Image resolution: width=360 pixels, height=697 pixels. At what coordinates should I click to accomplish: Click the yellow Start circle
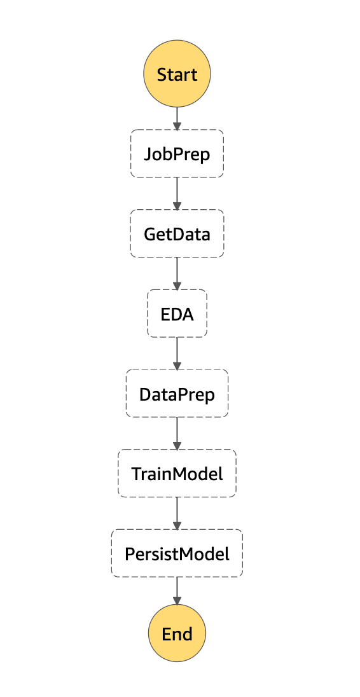(x=177, y=74)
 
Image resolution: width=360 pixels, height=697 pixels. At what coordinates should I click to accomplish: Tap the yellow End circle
(x=177, y=633)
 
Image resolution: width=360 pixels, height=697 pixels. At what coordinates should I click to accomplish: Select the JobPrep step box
(x=177, y=154)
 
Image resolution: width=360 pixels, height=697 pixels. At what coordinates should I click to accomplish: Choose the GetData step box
(x=177, y=233)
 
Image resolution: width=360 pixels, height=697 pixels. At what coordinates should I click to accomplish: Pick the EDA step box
(x=177, y=314)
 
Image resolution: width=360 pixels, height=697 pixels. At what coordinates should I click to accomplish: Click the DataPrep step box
(x=177, y=394)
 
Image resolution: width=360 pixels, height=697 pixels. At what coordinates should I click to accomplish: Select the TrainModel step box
(x=177, y=473)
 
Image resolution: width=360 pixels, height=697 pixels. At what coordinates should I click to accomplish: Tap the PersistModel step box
(x=177, y=553)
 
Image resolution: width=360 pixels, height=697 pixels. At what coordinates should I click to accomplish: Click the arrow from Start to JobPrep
(x=177, y=118)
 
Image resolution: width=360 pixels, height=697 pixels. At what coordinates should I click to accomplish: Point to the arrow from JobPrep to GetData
(x=177, y=193)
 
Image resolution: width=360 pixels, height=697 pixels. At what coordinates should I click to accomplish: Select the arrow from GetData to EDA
(x=177, y=273)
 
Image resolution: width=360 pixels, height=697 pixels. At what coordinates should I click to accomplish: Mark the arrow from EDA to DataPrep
(x=177, y=353)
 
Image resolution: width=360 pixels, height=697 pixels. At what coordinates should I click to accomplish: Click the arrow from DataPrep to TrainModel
(x=177, y=433)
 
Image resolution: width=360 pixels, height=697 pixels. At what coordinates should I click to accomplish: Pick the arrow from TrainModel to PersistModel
(x=177, y=513)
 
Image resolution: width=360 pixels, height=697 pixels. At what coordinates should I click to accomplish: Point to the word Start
(x=177, y=75)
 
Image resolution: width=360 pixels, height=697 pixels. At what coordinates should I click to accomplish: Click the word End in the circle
(x=177, y=634)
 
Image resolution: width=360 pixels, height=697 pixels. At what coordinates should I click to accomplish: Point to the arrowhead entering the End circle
(x=177, y=600)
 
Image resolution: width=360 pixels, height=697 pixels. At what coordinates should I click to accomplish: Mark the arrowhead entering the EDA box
(x=177, y=286)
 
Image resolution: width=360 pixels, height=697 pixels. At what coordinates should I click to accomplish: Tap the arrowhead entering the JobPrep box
(x=177, y=126)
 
